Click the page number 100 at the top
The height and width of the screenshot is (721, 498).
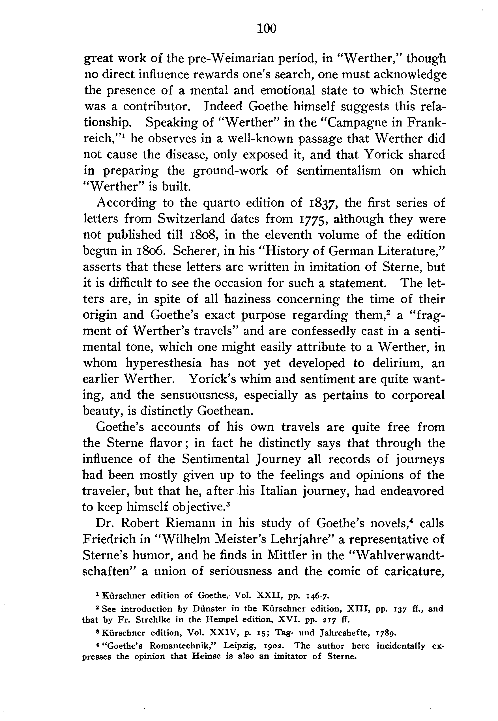click(267, 29)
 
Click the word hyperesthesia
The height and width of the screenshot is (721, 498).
click(164, 363)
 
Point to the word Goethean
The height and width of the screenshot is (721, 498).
click(225, 411)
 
